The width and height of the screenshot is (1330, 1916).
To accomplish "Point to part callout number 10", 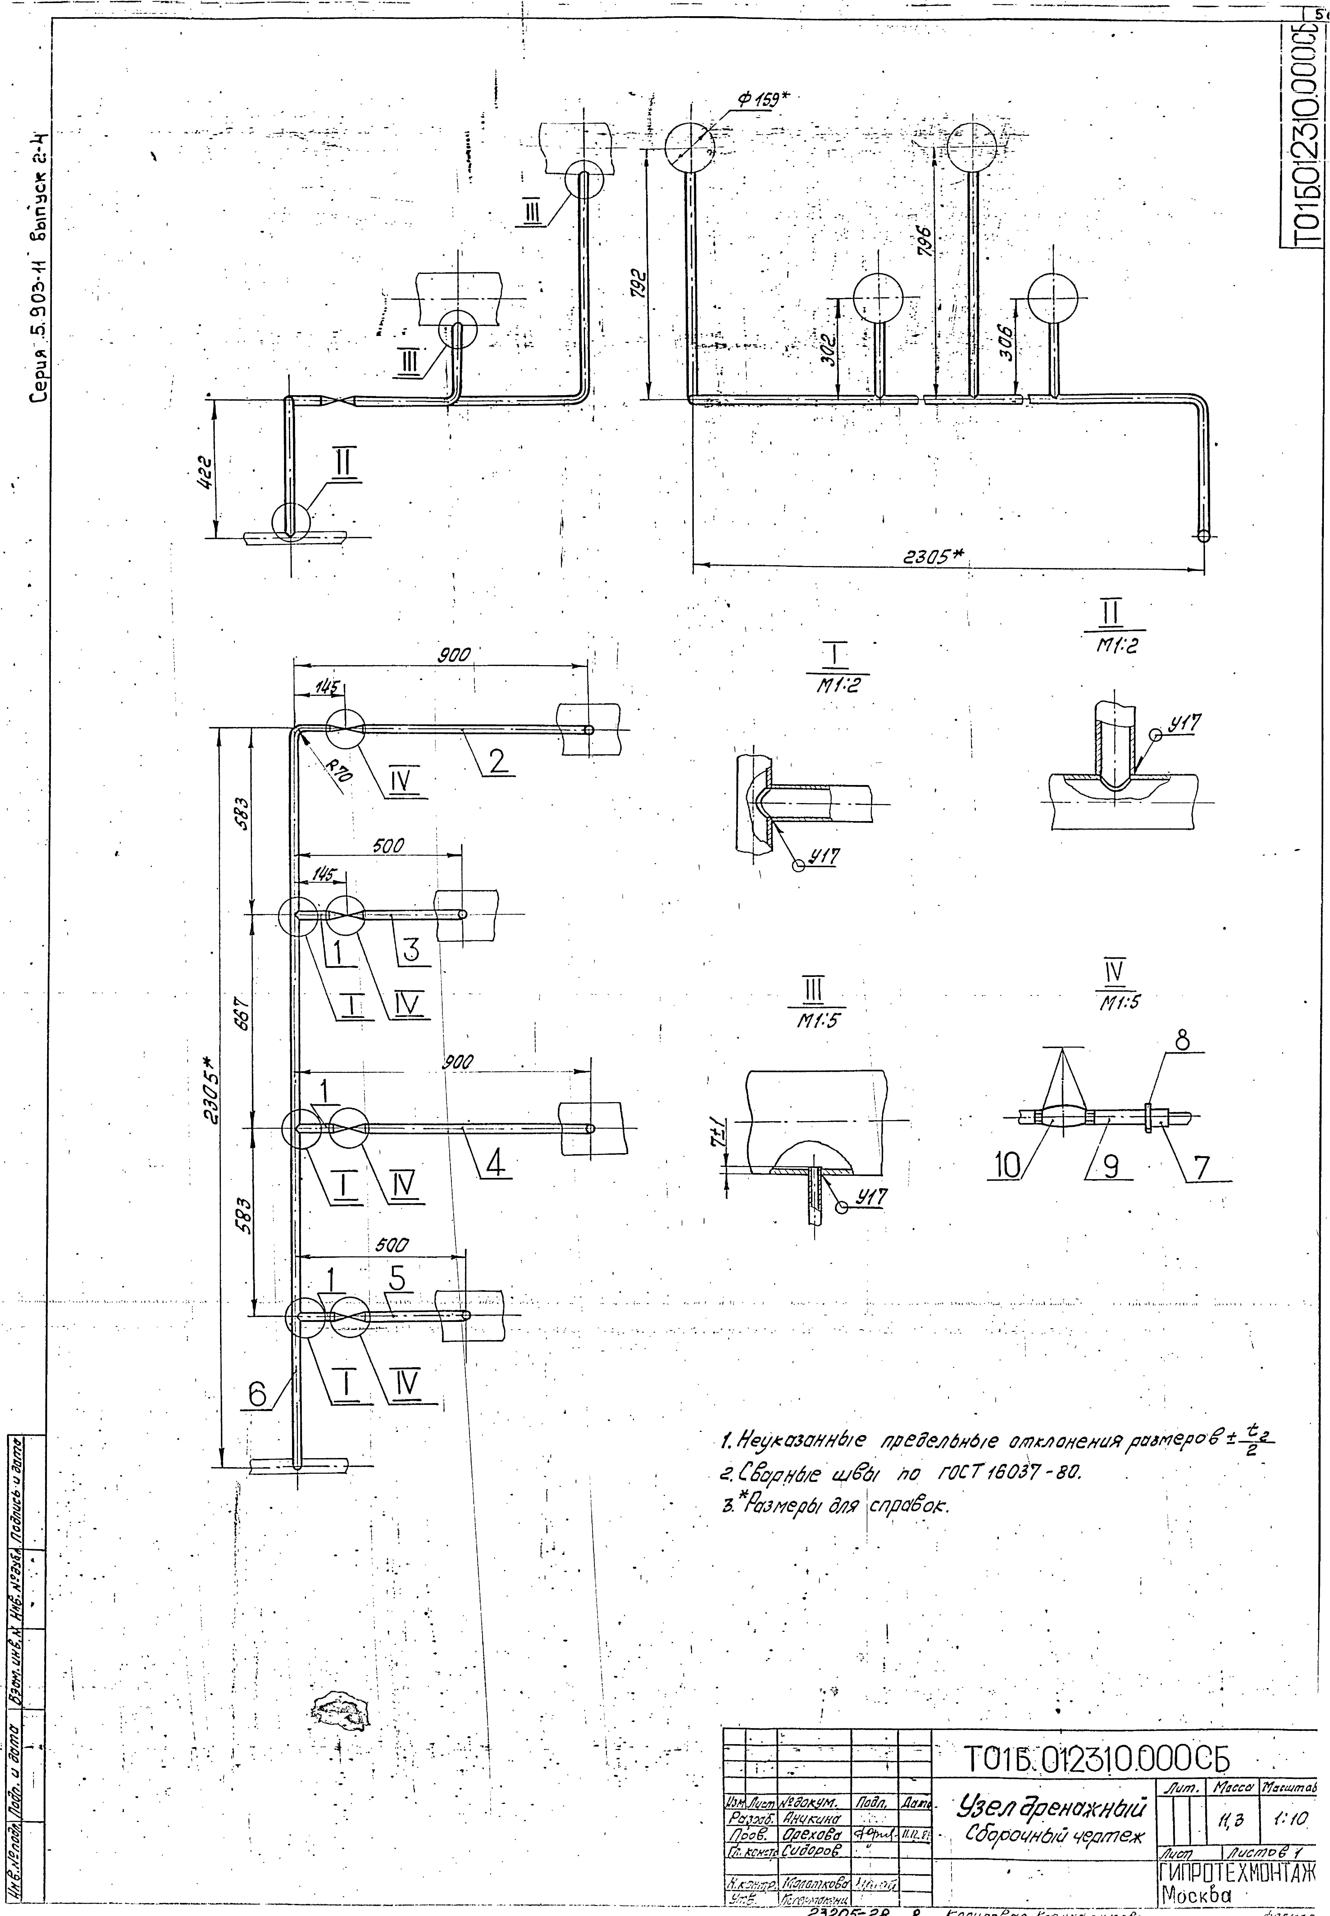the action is pyautogui.click(x=1007, y=1168).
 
